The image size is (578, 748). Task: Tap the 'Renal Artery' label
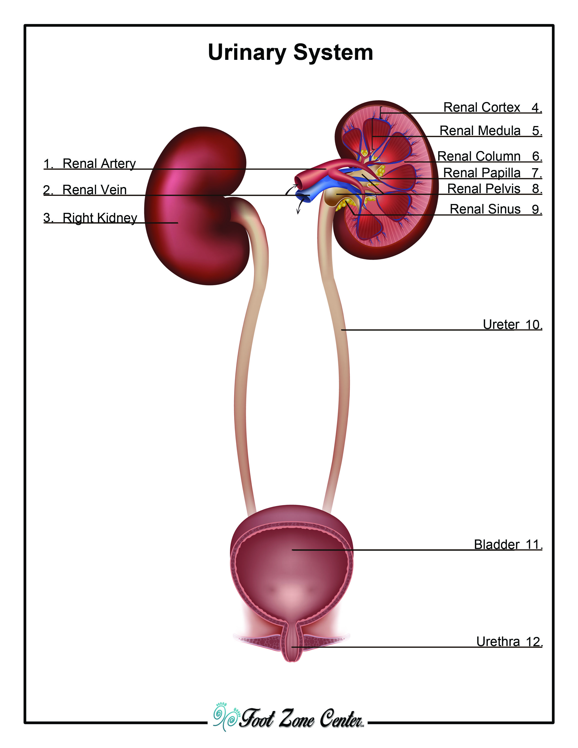pyautogui.click(x=99, y=163)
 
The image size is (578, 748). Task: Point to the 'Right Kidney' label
pyautogui.click(x=100, y=218)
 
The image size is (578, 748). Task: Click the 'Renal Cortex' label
pyautogui.click(x=481, y=107)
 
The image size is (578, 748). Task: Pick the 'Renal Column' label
pyautogui.click(x=479, y=157)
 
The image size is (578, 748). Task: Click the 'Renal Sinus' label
pyautogui.click(x=485, y=209)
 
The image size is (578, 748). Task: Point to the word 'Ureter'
pyautogui.click(x=501, y=324)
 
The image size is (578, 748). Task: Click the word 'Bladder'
pyautogui.click(x=496, y=544)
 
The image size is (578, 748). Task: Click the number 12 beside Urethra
pyautogui.click(x=534, y=641)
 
